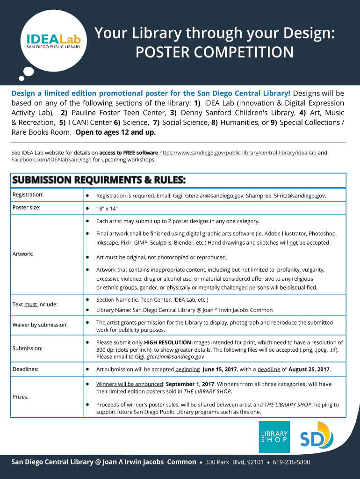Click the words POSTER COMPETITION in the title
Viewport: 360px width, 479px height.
(215, 52)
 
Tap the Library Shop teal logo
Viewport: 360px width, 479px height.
(274, 437)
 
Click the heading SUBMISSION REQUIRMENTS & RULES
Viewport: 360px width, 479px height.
(99, 180)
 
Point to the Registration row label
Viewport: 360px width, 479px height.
(28, 194)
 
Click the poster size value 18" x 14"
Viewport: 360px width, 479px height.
(107, 208)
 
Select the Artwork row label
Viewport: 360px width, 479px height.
(23, 254)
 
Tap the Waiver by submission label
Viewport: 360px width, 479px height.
(40, 325)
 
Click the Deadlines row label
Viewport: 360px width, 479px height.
(25, 369)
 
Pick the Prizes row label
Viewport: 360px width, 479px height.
(21, 397)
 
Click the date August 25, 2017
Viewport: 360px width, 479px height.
(309, 370)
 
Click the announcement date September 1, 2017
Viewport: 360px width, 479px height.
(187, 384)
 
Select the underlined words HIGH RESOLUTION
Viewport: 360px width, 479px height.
(167, 342)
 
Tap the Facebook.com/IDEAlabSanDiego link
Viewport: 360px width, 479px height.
(51, 160)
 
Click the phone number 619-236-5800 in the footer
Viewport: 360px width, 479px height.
(291, 462)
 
